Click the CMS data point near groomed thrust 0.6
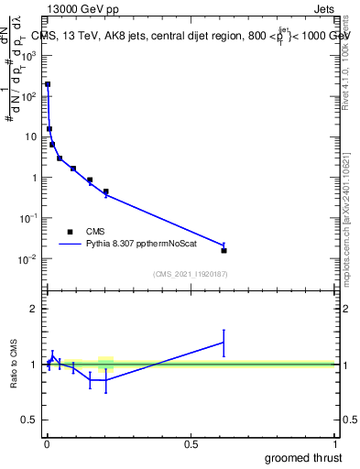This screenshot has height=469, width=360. [x=224, y=250]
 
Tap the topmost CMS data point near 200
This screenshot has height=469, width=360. [x=48, y=84]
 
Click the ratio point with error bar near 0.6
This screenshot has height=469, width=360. [x=224, y=343]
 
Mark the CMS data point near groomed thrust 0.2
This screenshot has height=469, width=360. [x=106, y=191]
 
